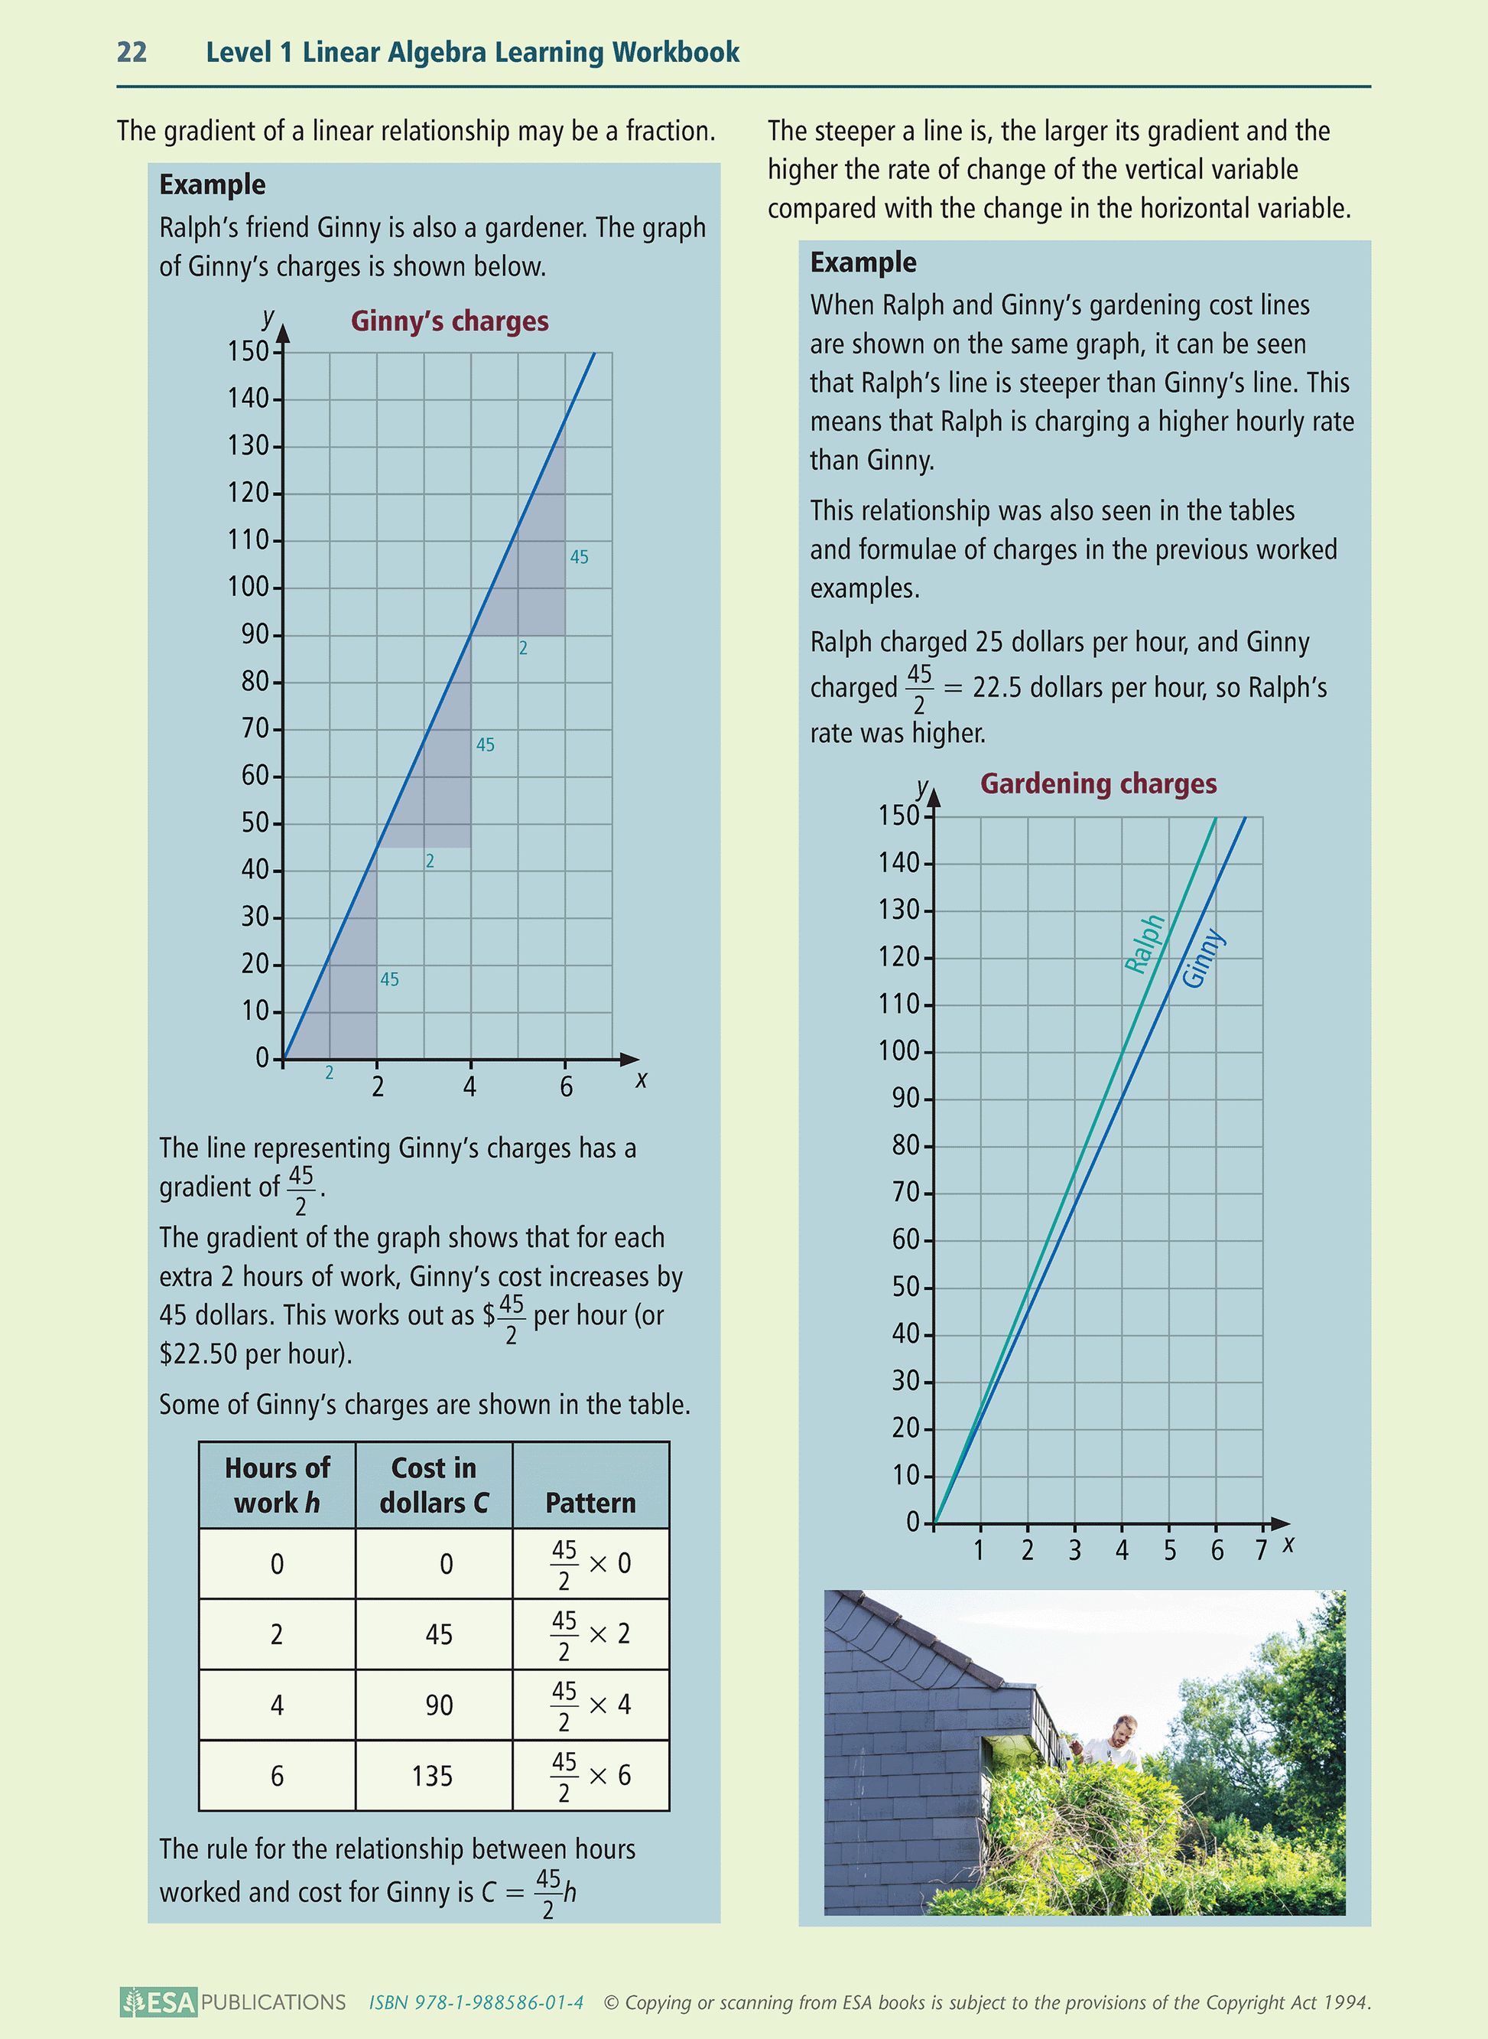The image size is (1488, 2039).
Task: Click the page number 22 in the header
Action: pyautogui.click(x=132, y=52)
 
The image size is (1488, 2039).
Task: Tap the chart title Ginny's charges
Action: pyautogui.click(x=450, y=321)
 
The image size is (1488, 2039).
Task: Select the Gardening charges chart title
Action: pyautogui.click(x=1098, y=784)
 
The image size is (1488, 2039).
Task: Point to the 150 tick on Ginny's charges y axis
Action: pyautogui.click(x=248, y=351)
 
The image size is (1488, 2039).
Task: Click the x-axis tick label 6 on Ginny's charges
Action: pyautogui.click(x=566, y=1087)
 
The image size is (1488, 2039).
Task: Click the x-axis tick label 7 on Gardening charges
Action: pyautogui.click(x=1261, y=1551)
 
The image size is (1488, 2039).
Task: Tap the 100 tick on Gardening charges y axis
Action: pyautogui.click(x=899, y=1050)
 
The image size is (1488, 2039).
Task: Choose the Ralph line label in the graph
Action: pyautogui.click(x=1145, y=943)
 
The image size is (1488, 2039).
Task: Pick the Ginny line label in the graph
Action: pyautogui.click(x=1203, y=959)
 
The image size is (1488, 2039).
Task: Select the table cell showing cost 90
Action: pyautogui.click(x=439, y=1705)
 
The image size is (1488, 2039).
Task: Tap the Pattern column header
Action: pyautogui.click(x=590, y=1503)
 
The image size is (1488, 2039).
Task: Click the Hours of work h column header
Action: pyautogui.click(x=277, y=1485)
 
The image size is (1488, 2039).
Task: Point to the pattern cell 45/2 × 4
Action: pyautogui.click(x=590, y=1705)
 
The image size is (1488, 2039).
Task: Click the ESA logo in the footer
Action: pyautogui.click(x=159, y=2002)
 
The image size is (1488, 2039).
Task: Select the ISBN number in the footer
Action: pyautogui.click(x=476, y=2002)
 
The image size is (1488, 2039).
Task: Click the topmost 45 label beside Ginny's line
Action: pyautogui.click(x=579, y=558)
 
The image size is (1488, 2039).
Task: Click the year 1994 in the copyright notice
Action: pyautogui.click(x=1346, y=2002)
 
